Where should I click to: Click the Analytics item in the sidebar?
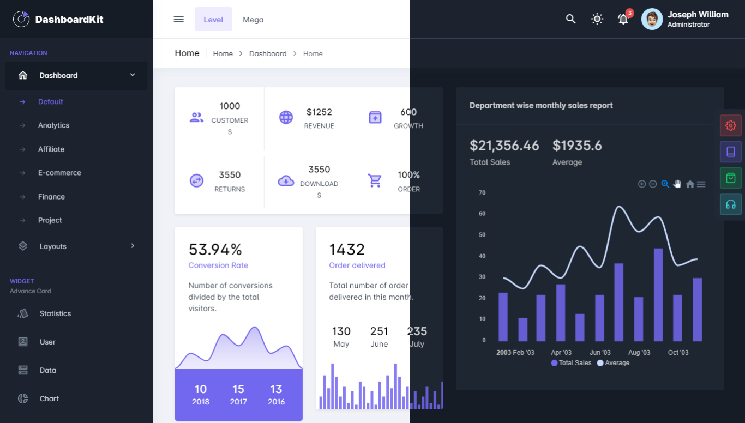[x=53, y=125]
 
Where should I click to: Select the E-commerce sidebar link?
[x=59, y=173]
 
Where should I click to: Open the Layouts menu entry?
[x=53, y=246]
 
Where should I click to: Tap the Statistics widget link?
[x=55, y=314]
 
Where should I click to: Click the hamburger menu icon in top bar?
[x=178, y=19]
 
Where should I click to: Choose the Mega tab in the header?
[x=253, y=20]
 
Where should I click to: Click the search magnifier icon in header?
[x=570, y=19]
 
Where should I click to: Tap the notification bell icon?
[x=623, y=19]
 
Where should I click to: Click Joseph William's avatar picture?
[x=652, y=19]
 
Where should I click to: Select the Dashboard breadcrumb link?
[x=268, y=53]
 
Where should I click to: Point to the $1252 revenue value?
[x=319, y=112]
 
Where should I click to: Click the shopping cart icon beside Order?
[x=375, y=180]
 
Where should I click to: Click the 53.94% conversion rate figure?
[x=215, y=250]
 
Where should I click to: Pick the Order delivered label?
[x=357, y=265]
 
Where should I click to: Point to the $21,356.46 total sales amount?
[x=504, y=146]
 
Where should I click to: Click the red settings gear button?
[x=730, y=125]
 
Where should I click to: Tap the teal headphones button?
[x=730, y=204]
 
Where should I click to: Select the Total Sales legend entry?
[x=571, y=363]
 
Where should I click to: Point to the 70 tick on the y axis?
[x=482, y=193]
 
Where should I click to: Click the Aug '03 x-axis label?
[x=639, y=353]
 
